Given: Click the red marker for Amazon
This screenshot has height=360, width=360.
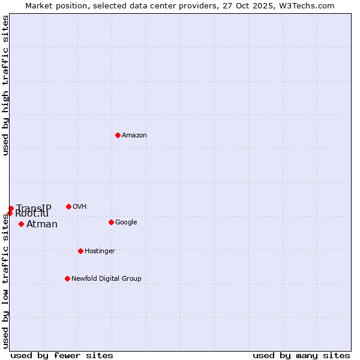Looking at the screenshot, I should click(118, 135).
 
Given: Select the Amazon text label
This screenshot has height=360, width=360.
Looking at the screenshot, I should click(134, 136).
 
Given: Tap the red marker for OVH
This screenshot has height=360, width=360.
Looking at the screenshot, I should click(68, 206).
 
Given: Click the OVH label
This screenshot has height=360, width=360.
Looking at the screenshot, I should click(80, 207).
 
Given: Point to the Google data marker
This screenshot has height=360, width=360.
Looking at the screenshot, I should click(111, 222).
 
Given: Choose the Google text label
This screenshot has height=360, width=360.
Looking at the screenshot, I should click(126, 223).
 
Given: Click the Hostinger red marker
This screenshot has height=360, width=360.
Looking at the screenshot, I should click(80, 251).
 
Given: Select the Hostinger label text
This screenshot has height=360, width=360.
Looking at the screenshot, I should click(100, 251).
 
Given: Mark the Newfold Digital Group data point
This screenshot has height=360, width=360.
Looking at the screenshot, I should click(67, 278).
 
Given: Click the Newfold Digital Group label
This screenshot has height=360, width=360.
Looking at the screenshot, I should click(106, 279).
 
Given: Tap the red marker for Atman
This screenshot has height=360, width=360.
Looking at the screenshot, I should click(21, 224).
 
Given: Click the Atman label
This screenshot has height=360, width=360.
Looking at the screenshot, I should click(42, 224).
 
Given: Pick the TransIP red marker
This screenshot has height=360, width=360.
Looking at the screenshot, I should click(11, 208).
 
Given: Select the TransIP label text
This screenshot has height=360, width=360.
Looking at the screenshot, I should click(34, 208).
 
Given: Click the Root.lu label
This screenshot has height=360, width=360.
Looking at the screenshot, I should click(32, 214).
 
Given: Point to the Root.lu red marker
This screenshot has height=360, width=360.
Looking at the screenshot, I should click(10, 213).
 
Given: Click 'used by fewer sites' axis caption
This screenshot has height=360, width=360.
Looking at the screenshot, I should click(62, 355).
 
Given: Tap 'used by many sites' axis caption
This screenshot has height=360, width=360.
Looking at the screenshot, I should click(301, 355).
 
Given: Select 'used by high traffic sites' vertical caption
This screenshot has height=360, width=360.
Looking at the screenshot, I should click(5, 85).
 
